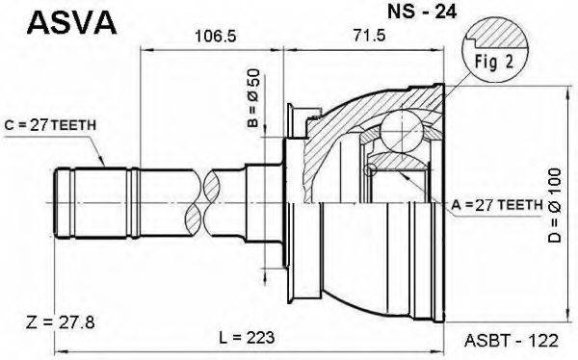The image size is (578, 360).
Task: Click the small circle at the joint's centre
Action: coord(368,170)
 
